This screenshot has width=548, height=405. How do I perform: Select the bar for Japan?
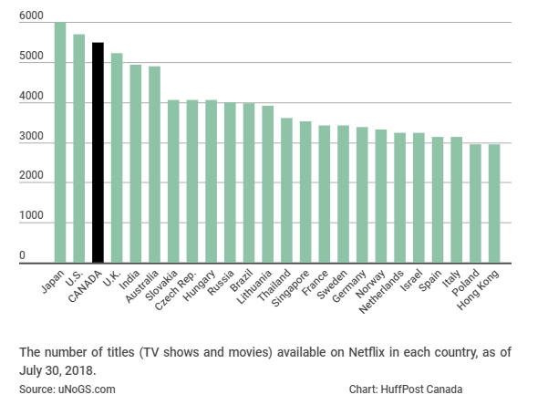click(x=60, y=142)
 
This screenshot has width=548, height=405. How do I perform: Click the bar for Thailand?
click(x=286, y=191)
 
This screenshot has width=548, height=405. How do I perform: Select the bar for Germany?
click(x=362, y=195)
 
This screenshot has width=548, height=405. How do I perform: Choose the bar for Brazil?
click(x=249, y=182)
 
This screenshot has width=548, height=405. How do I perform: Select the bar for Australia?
click(x=154, y=164)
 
